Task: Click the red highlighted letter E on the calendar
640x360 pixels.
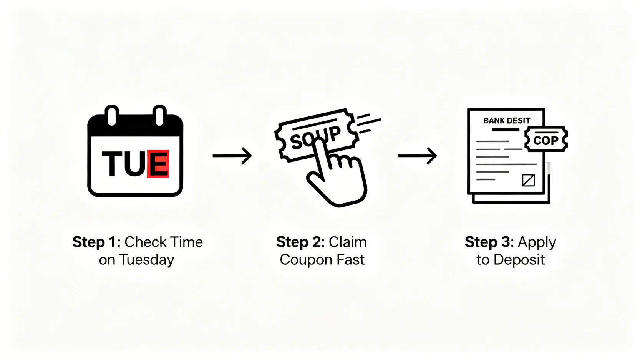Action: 158,164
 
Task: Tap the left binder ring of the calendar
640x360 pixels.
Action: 112,115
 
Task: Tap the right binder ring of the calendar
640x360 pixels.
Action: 159,115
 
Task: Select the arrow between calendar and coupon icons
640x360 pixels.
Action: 232,156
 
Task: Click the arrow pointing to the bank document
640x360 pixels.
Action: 417,156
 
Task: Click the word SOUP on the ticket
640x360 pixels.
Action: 315,138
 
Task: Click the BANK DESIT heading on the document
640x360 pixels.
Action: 506,121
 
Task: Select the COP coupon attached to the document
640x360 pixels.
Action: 546,139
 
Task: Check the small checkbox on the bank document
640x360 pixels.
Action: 528,180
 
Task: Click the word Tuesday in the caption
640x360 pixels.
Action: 146,260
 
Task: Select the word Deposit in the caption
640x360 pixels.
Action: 519,260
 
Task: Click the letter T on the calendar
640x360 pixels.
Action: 111,164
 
